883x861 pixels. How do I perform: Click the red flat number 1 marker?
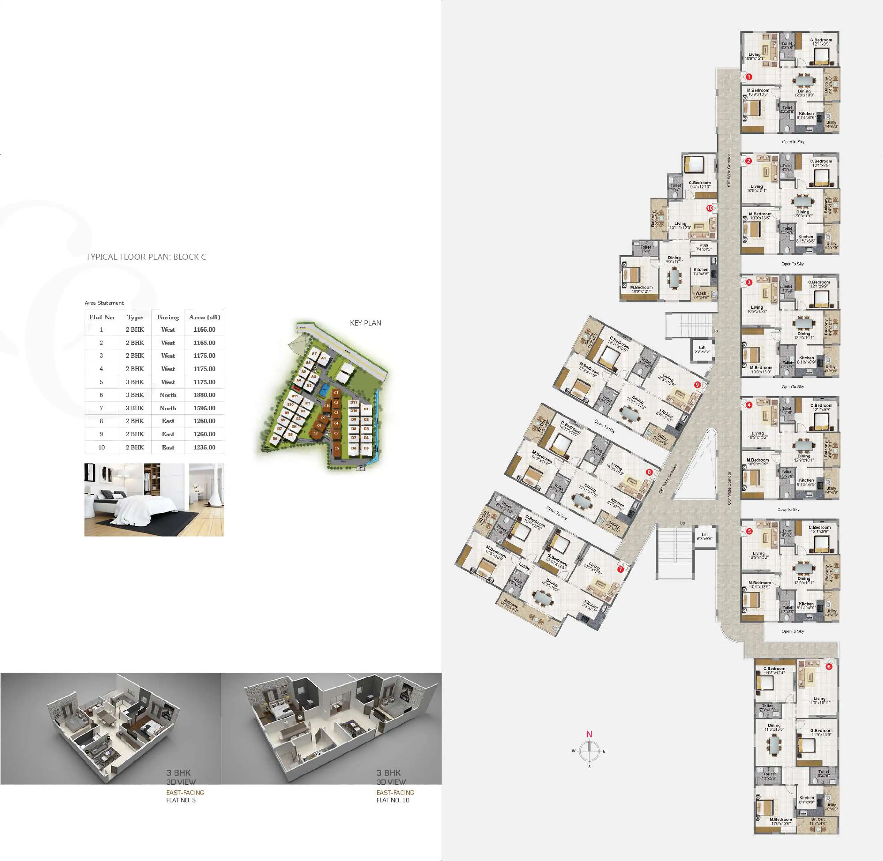pyautogui.click(x=749, y=77)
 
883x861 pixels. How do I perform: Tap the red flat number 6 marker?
pyautogui.click(x=829, y=666)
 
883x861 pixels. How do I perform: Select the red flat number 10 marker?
pyautogui.click(x=709, y=208)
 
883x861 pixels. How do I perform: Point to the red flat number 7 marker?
pyautogui.click(x=620, y=569)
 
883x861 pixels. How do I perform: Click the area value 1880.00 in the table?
pyautogui.click(x=204, y=395)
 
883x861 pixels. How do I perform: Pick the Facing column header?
pyautogui.click(x=168, y=317)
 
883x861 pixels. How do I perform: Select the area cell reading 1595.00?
pyautogui.click(x=204, y=408)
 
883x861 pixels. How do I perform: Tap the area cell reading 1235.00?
pyautogui.click(x=204, y=447)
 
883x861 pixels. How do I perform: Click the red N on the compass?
pyautogui.click(x=589, y=734)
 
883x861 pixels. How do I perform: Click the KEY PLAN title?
pyautogui.click(x=365, y=323)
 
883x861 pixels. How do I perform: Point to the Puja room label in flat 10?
pyautogui.click(x=703, y=245)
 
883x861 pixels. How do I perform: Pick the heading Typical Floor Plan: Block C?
pyautogui.click(x=146, y=257)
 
